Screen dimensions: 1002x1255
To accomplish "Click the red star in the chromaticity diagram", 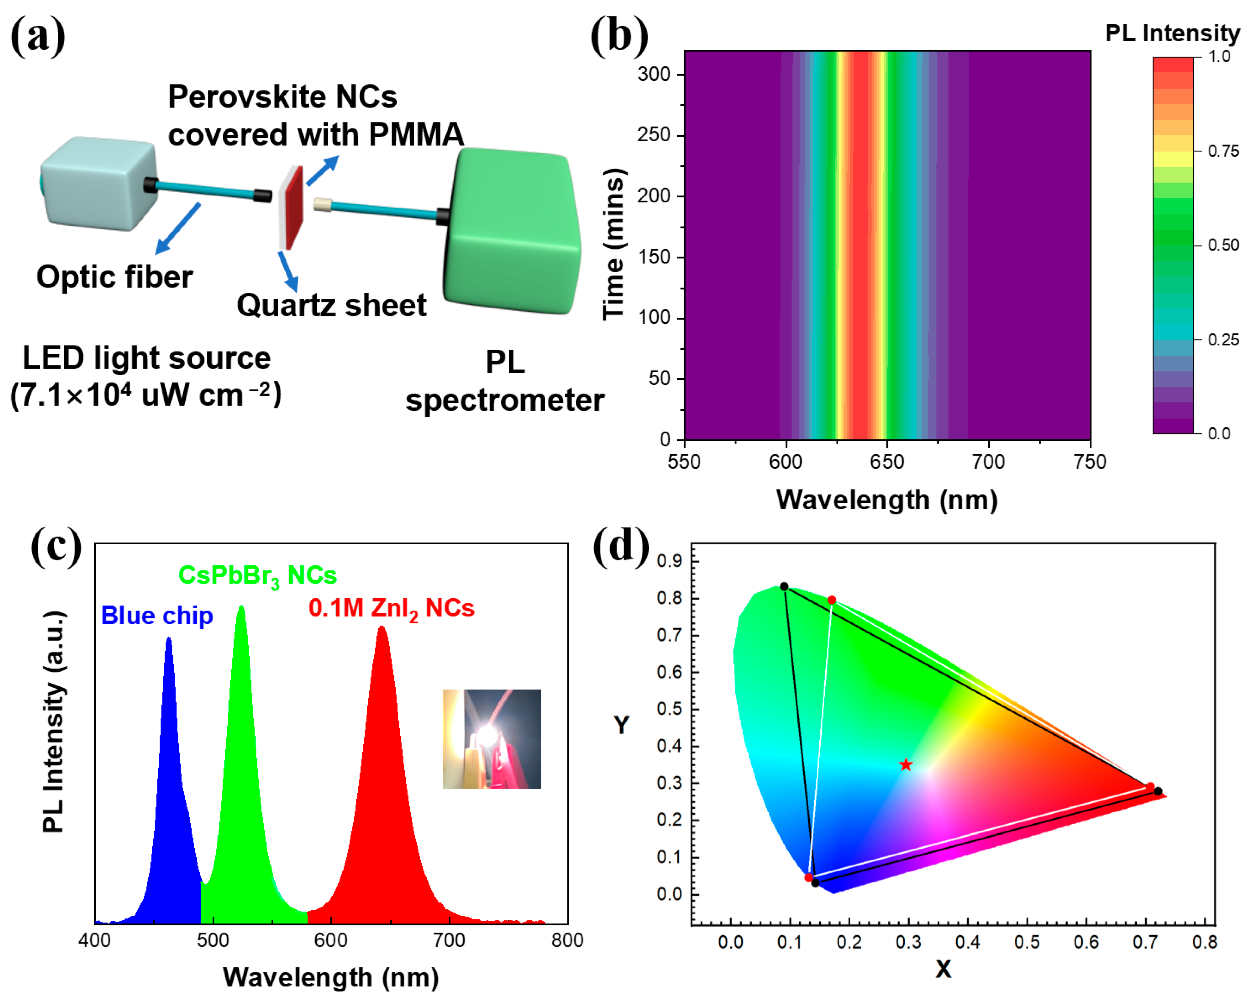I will click(x=906, y=764).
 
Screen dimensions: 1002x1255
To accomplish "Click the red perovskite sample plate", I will click(x=294, y=207).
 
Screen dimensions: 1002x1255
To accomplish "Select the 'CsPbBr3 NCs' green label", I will click(x=257, y=575).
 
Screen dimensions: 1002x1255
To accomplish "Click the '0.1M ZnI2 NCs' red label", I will click(x=391, y=609).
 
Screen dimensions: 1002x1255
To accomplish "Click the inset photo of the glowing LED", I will click(x=492, y=739).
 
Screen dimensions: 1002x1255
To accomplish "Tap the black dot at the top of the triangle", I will click(x=784, y=586).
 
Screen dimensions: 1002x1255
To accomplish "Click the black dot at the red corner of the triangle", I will click(x=1158, y=791).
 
